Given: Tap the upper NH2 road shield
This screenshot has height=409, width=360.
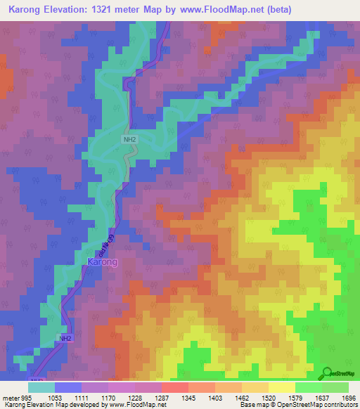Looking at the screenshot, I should coord(129,140).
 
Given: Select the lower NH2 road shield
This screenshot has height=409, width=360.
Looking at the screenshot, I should coord(65,338).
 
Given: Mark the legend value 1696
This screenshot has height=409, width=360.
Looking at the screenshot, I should coord(347,396).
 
